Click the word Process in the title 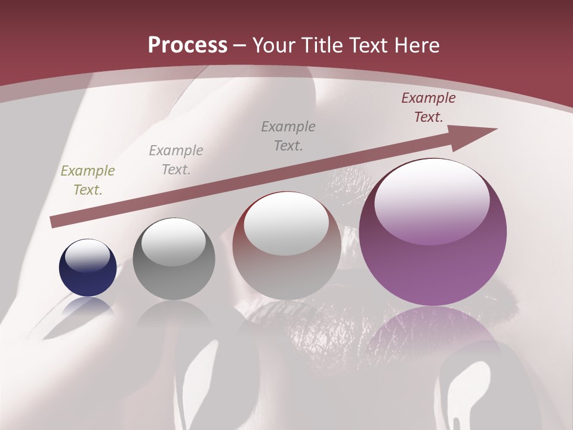(x=187, y=45)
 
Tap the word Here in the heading (x=415, y=45)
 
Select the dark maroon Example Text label (x=429, y=107)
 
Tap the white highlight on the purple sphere (x=432, y=200)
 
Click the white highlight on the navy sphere (x=88, y=256)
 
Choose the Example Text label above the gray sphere (x=176, y=160)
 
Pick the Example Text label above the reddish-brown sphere (x=288, y=136)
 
